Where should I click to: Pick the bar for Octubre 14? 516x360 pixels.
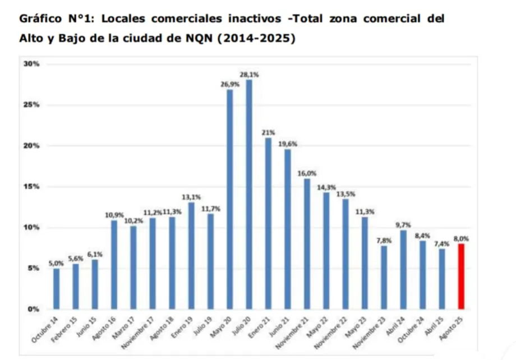click(56, 289)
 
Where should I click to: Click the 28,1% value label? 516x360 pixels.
click(249, 74)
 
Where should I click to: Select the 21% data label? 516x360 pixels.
click(268, 132)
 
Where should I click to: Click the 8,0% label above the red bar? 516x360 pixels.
click(461, 238)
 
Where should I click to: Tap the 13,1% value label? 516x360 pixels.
click(191, 197)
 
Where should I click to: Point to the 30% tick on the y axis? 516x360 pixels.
click(31, 64)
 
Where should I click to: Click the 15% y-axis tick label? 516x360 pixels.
click(31, 187)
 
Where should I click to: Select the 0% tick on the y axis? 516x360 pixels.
click(33, 309)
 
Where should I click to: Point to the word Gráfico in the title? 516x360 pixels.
click(39, 18)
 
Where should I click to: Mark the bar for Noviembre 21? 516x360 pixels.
click(307, 244)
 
